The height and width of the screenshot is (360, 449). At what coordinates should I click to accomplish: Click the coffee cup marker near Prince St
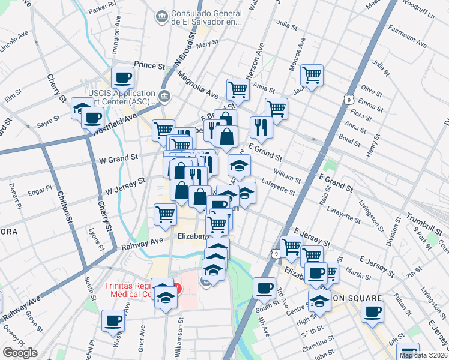tap(122, 77)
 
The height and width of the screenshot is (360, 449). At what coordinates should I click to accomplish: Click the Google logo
tap(20, 353)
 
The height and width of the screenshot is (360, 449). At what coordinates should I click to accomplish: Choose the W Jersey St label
tap(125, 185)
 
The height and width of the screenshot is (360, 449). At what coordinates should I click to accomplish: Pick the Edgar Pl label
tap(40, 191)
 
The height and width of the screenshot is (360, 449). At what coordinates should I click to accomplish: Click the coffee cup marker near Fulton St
tap(372, 313)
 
